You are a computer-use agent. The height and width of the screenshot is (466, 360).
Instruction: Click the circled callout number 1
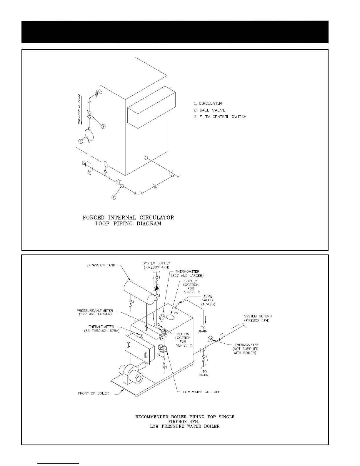click(x=81, y=142)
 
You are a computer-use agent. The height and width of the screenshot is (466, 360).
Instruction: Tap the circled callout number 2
click(x=114, y=197)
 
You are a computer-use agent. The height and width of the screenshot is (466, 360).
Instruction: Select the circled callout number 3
click(x=103, y=127)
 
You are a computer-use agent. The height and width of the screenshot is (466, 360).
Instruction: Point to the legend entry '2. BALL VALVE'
click(x=210, y=110)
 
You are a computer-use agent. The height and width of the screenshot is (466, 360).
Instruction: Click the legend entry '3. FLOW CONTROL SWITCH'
click(x=220, y=116)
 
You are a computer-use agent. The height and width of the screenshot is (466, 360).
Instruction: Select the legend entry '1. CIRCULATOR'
click(x=208, y=104)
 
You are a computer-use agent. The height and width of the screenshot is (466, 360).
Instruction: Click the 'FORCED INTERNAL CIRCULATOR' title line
click(x=128, y=218)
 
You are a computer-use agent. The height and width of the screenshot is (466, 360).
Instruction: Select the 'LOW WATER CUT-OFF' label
click(x=201, y=392)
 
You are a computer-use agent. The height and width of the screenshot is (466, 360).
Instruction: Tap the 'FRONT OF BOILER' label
click(x=94, y=393)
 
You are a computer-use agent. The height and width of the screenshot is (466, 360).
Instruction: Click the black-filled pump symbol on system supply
click(x=157, y=288)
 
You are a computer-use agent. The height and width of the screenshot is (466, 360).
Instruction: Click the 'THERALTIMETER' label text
click(x=101, y=327)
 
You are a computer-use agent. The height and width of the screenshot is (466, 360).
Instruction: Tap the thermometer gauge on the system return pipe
click(x=211, y=339)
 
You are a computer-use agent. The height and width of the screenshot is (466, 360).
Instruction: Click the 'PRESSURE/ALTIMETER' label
click(x=95, y=311)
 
